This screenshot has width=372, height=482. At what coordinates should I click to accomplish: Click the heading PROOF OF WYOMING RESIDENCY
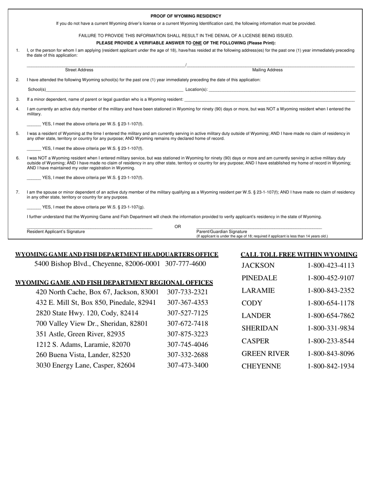coord(186,16)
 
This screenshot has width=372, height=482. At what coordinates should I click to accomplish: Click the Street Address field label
coord(79,70)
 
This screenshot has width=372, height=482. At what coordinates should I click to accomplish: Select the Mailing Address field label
coord(267,70)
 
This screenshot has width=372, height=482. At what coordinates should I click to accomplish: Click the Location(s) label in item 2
coord(197,89)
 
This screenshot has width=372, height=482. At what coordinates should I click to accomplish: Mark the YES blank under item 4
coord(34,124)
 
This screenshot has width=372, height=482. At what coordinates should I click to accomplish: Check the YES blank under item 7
coord(34,207)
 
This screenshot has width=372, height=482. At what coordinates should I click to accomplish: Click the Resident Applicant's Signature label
coord(56,232)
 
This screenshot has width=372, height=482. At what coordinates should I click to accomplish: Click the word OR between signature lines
coord(178,227)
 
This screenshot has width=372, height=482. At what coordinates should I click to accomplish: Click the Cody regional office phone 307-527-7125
coord(188,313)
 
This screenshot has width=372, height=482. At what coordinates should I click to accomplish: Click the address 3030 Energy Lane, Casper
coord(85,365)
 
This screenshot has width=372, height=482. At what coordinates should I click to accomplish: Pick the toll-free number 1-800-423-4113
coord(331,265)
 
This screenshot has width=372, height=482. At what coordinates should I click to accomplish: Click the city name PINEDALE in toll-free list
coord(259,278)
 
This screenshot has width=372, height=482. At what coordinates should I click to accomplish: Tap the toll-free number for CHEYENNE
coord(331,366)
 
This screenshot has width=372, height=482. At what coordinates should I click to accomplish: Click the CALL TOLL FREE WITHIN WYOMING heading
coord(299,255)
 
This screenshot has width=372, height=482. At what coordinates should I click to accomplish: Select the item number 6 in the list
coord(18,158)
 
